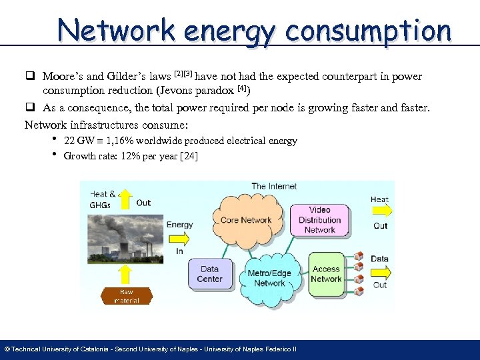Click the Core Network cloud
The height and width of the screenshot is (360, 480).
(x=246, y=220)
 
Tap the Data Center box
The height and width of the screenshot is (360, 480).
(x=209, y=273)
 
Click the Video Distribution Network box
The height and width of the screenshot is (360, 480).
(x=319, y=220)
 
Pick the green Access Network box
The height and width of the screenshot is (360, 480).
(x=326, y=274)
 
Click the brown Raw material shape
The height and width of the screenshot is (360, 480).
(x=126, y=295)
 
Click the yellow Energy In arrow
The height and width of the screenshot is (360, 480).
(x=179, y=237)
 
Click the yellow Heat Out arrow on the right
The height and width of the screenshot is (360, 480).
(x=381, y=212)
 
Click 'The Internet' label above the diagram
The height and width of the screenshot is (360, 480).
(x=274, y=186)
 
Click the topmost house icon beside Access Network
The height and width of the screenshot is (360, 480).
(x=359, y=255)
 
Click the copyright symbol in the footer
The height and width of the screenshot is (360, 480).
(x=7, y=349)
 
